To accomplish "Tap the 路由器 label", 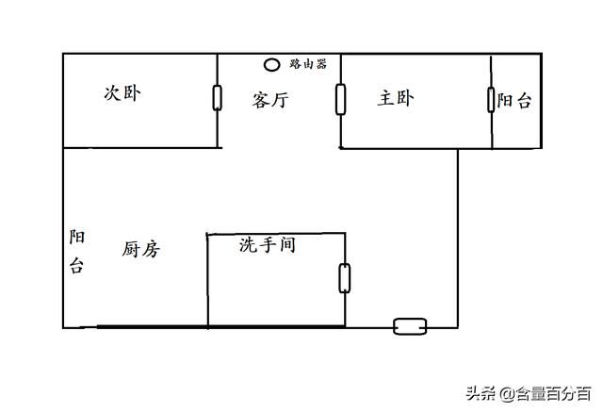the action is click(308, 64).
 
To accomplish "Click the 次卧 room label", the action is click(122, 93).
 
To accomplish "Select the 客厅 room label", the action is click(270, 100).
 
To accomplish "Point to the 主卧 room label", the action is click(396, 98).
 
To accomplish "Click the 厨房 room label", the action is click(140, 249).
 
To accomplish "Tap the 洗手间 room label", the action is click(268, 245).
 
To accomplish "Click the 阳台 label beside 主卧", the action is click(514, 101).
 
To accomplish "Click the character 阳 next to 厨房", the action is click(77, 237).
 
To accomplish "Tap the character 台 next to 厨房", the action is click(76, 265).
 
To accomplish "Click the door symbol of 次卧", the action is click(218, 98).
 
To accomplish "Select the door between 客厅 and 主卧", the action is click(340, 99).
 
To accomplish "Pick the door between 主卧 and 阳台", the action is click(491, 100).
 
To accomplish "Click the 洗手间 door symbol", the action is click(345, 278).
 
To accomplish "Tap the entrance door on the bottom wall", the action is click(410, 326).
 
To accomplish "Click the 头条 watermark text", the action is click(480, 394).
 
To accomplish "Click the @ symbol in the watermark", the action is click(507, 394).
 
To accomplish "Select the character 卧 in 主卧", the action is click(405, 98).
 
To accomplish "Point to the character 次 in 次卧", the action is click(113, 93).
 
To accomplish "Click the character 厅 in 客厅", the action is click(280, 100).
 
